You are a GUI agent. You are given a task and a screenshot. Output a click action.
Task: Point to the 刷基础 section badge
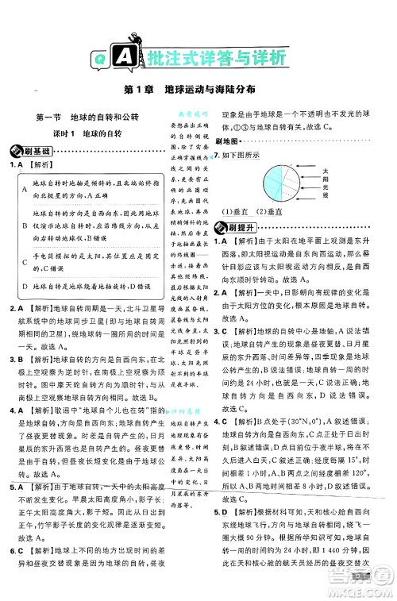pos(29,150)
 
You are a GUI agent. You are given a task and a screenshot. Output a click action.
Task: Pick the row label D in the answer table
pos(25,284)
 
